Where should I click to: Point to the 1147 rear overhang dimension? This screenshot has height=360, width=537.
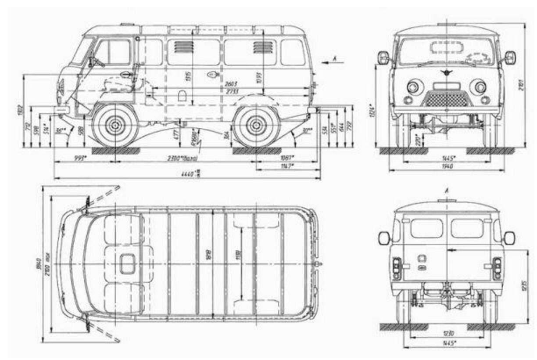(x=287, y=166)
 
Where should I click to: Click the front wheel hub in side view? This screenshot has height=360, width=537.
(x=115, y=126)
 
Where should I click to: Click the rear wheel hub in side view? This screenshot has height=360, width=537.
(x=257, y=126)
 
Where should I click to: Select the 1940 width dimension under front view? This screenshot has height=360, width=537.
(x=447, y=166)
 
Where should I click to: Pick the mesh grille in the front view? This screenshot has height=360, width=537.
(x=447, y=100)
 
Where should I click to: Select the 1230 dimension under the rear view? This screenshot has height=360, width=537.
(x=447, y=334)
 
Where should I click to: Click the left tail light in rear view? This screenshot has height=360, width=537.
(x=397, y=267)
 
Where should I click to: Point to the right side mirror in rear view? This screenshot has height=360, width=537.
(x=509, y=238)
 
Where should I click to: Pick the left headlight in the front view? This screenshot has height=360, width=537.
(x=413, y=86)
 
